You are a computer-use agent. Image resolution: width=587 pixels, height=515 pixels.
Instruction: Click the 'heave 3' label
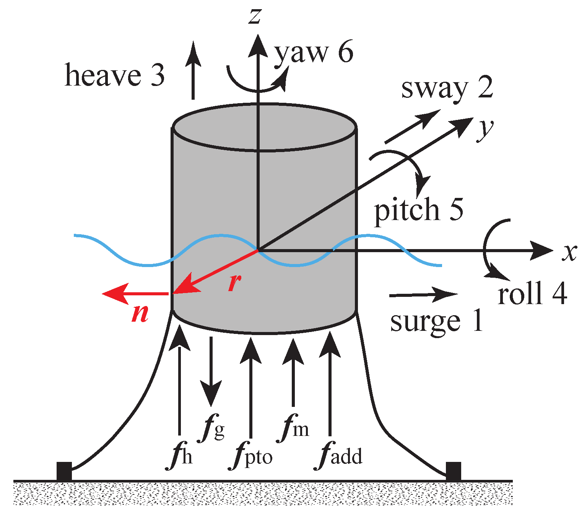(x=115, y=75)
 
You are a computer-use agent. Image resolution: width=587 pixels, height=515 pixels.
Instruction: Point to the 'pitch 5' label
(x=418, y=209)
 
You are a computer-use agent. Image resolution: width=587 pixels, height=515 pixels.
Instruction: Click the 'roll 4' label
(x=532, y=293)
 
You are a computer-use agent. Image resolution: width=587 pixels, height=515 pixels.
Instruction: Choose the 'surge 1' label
(x=436, y=321)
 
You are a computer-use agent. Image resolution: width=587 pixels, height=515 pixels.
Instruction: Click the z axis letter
(x=255, y=16)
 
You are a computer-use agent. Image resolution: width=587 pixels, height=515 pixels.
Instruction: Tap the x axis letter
(x=569, y=253)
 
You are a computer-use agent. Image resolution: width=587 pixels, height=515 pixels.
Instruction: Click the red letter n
(x=140, y=314)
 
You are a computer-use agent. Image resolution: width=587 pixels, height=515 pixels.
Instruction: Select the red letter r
(x=234, y=283)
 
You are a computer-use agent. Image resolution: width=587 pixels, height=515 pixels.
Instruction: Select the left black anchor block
(x=64, y=471)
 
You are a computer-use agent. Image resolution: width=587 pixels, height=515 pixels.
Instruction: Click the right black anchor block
(x=453, y=471)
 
